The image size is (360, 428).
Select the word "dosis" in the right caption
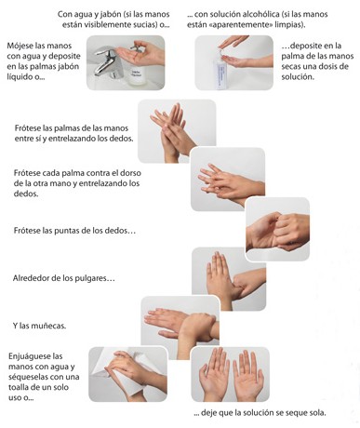pyautogui.click(x=338, y=66)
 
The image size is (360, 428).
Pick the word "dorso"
pyautogui.click(x=130, y=173)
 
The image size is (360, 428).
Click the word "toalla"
pyautogui.click(x=19, y=387)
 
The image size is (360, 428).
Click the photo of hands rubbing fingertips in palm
pyautogui.click(x=277, y=229)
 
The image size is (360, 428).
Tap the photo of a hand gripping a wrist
pyautogui.click(x=180, y=323)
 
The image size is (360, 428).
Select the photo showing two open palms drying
pyautogui.click(x=230, y=374)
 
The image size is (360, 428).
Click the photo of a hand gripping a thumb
pyautogui.click(x=229, y=279)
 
